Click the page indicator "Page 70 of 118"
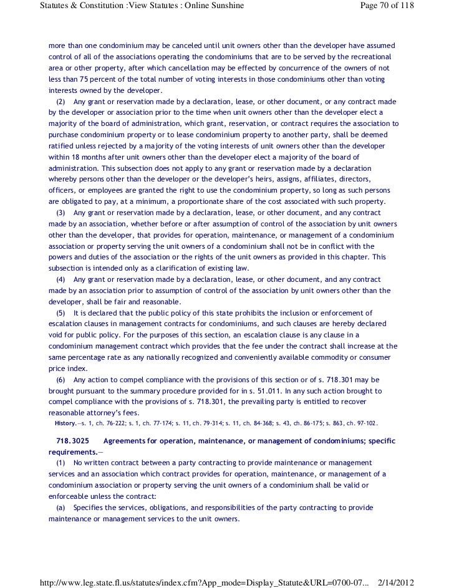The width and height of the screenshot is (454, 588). tap(388, 6)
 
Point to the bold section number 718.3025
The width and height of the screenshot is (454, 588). tap(71, 441)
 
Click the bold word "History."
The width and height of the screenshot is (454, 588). tap(65, 423)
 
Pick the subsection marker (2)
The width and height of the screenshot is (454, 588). tap(60, 102)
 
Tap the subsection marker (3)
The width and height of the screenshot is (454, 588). tap(60, 213)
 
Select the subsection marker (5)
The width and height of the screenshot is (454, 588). tap(60, 313)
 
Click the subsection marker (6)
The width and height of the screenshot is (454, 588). tap(60, 380)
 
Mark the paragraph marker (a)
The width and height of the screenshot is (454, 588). tap(60, 508)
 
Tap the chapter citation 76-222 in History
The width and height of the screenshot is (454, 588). tap(113, 424)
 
